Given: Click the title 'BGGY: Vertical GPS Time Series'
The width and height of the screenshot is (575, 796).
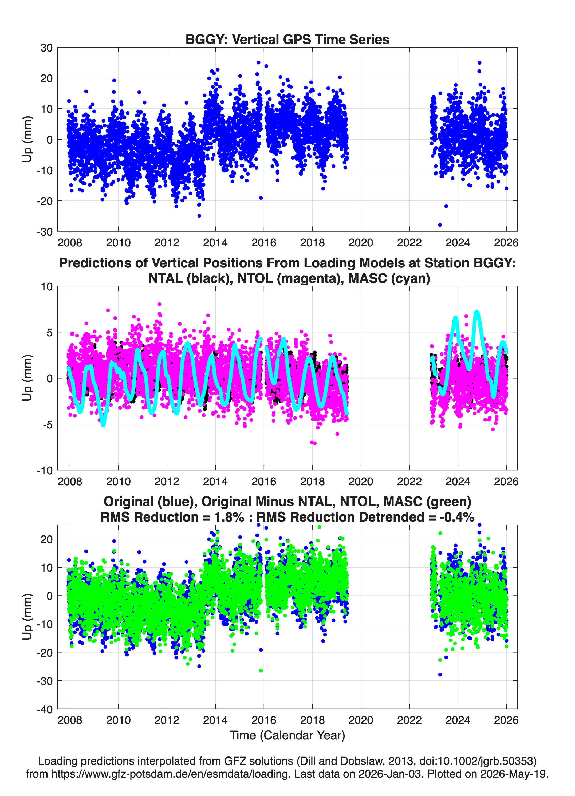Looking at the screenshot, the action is pyautogui.click(x=287, y=39).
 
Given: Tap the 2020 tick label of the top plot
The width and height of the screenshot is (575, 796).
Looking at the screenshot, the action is pyautogui.click(x=361, y=243).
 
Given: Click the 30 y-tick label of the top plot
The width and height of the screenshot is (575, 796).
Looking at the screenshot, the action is pyautogui.click(x=47, y=48).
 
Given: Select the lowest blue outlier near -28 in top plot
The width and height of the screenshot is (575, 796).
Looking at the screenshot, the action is pyautogui.click(x=440, y=224).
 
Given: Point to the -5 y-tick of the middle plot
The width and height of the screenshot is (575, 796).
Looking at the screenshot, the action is pyautogui.click(x=47, y=425).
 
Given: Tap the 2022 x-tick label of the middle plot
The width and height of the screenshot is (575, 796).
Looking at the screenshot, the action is pyautogui.click(x=409, y=481).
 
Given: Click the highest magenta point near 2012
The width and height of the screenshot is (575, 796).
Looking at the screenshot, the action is pyautogui.click(x=159, y=304).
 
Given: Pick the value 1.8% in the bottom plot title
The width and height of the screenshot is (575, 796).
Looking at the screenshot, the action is pyautogui.click(x=229, y=517).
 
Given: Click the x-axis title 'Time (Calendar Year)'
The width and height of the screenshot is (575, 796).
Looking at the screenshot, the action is pyautogui.click(x=287, y=735).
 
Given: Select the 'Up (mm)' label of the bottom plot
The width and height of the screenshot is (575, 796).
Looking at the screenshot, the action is pyautogui.click(x=27, y=617).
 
